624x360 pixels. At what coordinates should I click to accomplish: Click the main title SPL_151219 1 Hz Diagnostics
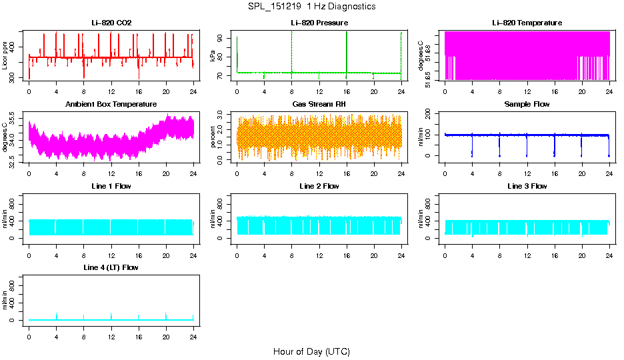[x=311, y=7]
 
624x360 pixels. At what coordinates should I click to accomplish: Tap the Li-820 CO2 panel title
[x=111, y=23]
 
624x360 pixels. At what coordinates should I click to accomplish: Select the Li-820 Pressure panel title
[x=319, y=23]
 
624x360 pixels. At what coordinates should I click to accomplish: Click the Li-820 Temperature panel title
[x=527, y=23]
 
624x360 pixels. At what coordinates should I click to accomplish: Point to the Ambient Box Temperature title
[x=111, y=104]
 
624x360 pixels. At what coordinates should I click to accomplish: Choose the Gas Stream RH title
[x=319, y=104]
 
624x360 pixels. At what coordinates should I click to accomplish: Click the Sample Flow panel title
[x=527, y=104]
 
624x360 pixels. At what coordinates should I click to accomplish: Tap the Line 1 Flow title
[x=111, y=186]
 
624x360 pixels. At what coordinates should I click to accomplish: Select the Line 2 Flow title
[x=319, y=186]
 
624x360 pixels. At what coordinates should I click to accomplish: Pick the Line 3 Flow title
[x=527, y=186]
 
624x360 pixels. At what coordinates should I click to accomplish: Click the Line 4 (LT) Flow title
[x=111, y=267]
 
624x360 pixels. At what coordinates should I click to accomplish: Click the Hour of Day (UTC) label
[x=311, y=351]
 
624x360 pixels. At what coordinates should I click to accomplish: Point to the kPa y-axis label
[x=213, y=56]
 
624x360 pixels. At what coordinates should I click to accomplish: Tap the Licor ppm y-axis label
[x=5, y=56]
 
